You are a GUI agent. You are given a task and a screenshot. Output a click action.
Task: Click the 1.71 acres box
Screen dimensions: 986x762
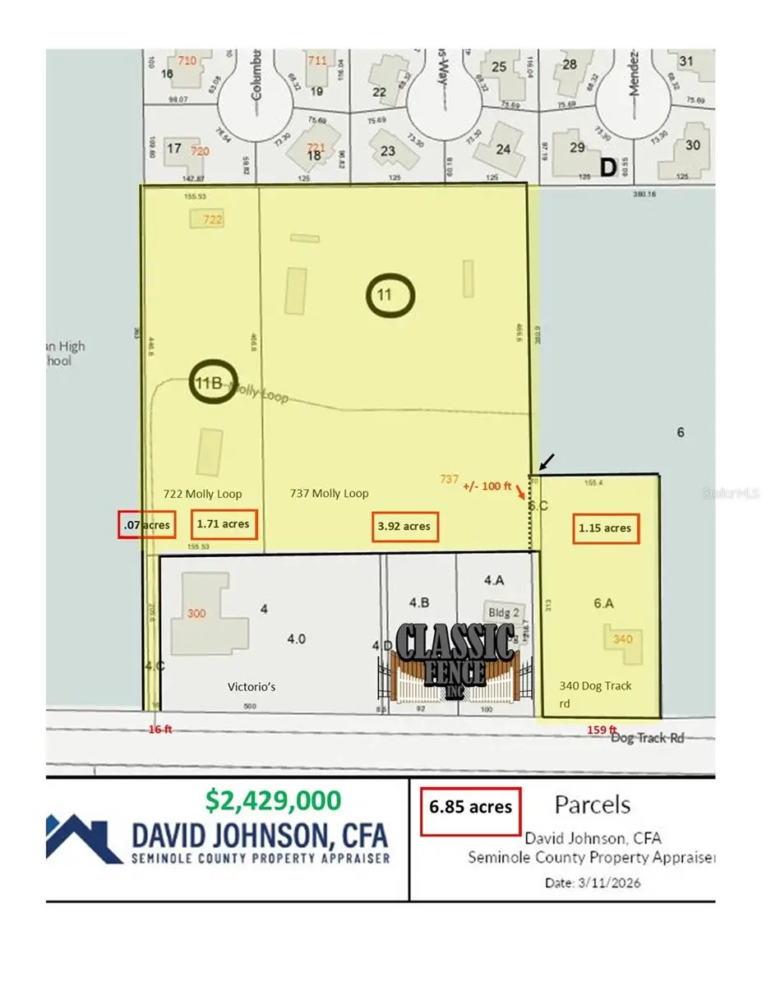pyautogui.click(x=224, y=523)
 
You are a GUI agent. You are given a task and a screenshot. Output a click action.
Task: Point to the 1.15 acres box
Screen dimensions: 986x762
pyautogui.click(x=605, y=528)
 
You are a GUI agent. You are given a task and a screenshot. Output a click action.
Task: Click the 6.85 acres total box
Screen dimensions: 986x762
pyautogui.click(x=470, y=807)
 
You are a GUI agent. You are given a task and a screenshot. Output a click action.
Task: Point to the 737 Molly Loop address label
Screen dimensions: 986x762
pyautogui.click(x=329, y=493)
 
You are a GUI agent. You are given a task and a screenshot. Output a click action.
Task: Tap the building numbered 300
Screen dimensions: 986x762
pyautogui.click(x=197, y=614)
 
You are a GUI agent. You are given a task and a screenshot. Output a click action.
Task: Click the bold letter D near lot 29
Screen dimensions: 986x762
pyautogui.click(x=607, y=167)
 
